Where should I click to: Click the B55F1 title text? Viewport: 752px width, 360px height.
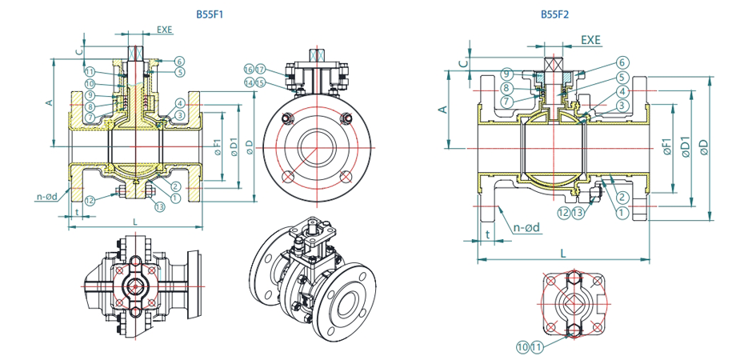coord(210,14)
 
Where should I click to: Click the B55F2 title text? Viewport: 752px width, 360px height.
coord(555,14)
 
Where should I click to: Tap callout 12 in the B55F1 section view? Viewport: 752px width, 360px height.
coord(90,200)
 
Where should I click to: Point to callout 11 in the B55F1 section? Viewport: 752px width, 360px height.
coord(90,71)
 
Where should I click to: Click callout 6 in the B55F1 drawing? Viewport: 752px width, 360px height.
coord(179,61)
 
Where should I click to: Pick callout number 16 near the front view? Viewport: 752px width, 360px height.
coord(249,70)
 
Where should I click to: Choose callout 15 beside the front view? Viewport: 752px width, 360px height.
coord(260,82)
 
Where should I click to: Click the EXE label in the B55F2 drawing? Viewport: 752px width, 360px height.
coord(590,39)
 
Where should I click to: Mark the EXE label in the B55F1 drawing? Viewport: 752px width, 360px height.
coord(165,30)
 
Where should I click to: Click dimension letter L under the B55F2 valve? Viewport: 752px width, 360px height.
coord(565,253)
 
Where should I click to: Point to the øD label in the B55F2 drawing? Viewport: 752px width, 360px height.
coord(704,146)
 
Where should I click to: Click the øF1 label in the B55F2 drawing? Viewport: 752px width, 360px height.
coord(666,146)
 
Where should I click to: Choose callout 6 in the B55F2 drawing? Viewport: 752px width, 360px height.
coord(622,62)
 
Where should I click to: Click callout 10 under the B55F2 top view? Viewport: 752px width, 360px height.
coord(522,347)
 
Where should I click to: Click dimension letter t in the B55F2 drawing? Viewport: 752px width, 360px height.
coord(487,234)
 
